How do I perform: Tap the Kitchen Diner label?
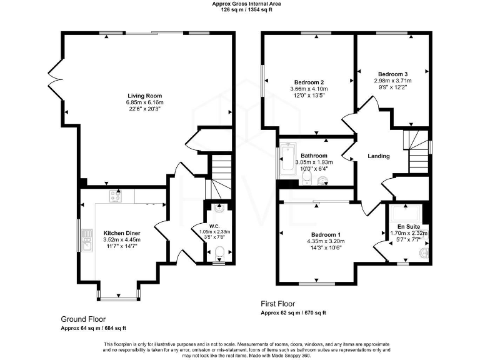click(x=122, y=232)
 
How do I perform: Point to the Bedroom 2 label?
click(x=309, y=82)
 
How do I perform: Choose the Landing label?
click(x=379, y=156)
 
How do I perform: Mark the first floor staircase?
click(x=417, y=152)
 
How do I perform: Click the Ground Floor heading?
click(x=83, y=318)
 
